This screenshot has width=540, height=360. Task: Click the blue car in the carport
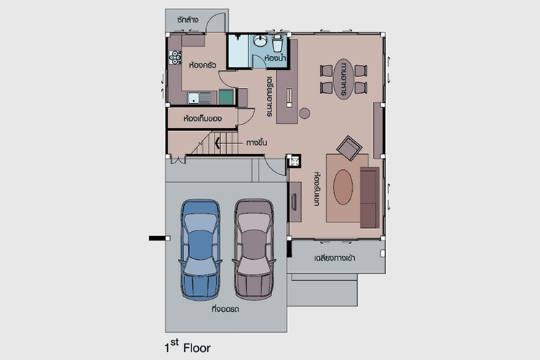coord(200,248)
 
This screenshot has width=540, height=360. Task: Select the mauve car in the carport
coord(254,248)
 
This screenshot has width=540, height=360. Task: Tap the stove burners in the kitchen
coord(175,58)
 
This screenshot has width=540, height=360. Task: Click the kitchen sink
coord(199,98)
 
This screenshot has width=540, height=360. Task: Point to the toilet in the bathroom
coord(278,43)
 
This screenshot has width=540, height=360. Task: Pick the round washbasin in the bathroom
coord(260,40)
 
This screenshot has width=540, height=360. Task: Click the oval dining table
coord(343,79)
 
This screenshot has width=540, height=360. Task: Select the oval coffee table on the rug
coord(343,187)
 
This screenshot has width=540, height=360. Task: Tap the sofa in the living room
coord(370,198)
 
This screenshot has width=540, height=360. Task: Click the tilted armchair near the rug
coord(349,148)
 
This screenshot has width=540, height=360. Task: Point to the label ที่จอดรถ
coord(225,309)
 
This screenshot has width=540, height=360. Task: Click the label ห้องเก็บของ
coord(202,119)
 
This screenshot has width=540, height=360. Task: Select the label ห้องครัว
coord(202,65)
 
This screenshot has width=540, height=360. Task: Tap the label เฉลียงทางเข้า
coord(335,258)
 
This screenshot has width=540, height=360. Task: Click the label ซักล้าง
coord(188,19)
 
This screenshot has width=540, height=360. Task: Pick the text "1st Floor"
coord(187,346)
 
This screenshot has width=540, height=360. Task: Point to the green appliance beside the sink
coord(226,97)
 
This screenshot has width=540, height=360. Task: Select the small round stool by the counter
coord(305,113)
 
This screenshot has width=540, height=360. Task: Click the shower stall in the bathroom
coord(238,51)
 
